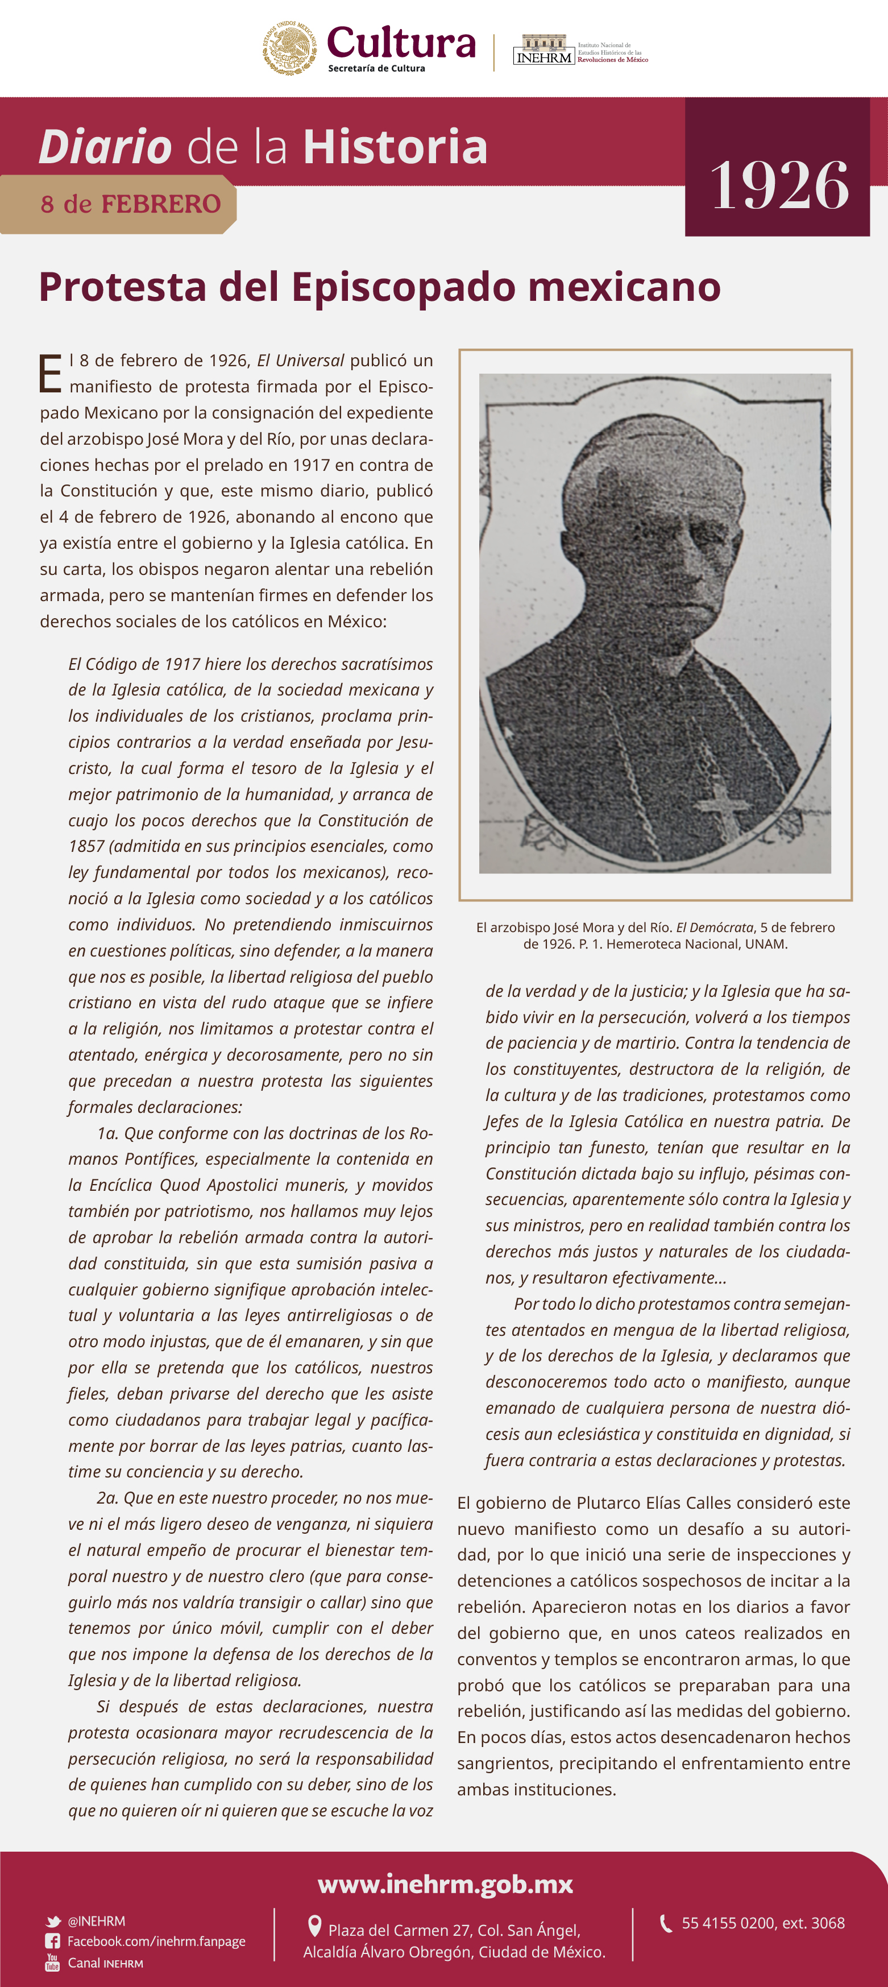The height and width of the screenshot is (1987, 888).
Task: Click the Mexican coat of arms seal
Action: [x=291, y=48]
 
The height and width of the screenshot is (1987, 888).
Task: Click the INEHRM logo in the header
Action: [x=544, y=50]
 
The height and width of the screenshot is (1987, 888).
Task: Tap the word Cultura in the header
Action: [x=401, y=43]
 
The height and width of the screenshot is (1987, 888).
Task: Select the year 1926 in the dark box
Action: [x=778, y=185]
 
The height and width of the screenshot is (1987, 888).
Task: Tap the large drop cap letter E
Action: [x=50, y=374]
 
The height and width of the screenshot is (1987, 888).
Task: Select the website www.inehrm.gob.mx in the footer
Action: [x=445, y=1885]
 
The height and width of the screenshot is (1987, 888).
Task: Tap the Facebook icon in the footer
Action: [x=52, y=1942]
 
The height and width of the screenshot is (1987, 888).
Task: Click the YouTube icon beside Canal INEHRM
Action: [x=52, y=1963]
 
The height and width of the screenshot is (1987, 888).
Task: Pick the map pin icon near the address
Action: [x=314, y=1926]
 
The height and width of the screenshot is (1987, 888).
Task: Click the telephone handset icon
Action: [x=666, y=1924]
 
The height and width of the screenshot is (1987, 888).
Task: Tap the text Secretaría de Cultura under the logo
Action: [x=376, y=69]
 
